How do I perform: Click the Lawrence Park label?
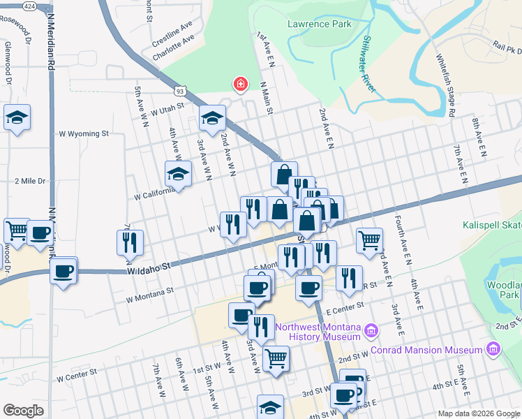click(x=319, y=24)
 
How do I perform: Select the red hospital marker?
click(x=240, y=84)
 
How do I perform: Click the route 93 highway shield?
click(x=180, y=91)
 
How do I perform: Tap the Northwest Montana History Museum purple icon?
click(x=371, y=329)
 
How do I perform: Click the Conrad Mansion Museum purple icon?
click(x=494, y=348)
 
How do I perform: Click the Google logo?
click(x=23, y=411)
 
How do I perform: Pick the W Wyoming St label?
click(x=84, y=133)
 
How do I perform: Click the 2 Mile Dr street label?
click(x=30, y=181)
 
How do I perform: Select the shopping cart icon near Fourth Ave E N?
click(x=369, y=240)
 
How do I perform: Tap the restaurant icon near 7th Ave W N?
click(x=130, y=242)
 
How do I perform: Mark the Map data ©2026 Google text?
click(x=478, y=413)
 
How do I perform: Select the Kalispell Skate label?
click(x=491, y=225)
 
